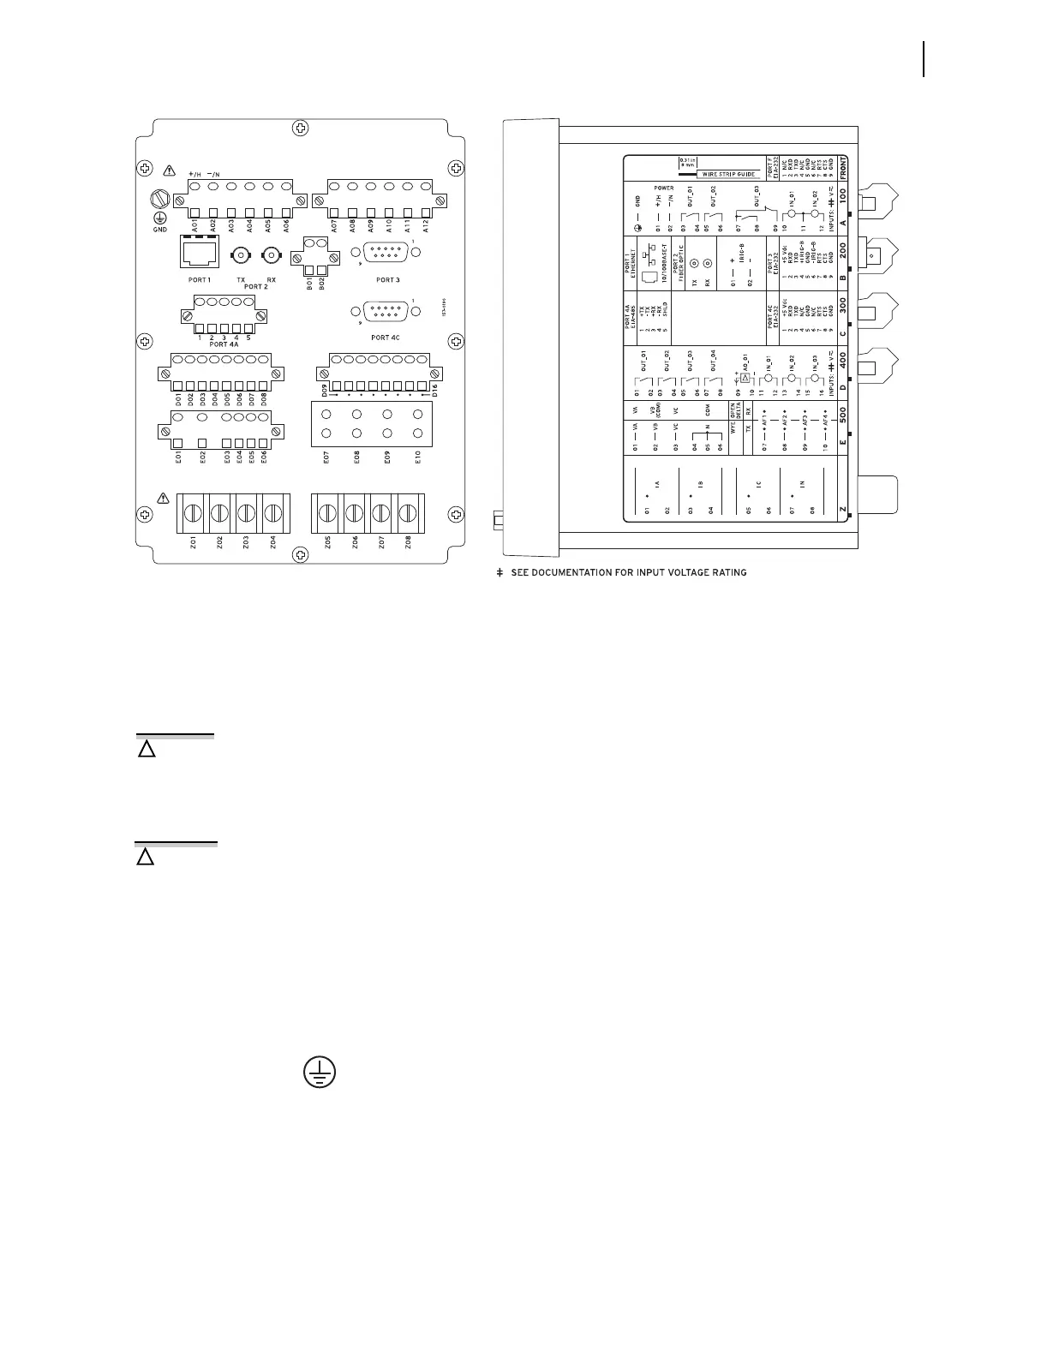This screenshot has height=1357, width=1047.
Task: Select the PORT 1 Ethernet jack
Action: click(x=199, y=254)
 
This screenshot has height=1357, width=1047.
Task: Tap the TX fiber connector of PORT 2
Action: click(x=242, y=255)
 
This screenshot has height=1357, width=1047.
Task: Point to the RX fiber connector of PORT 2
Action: click(x=272, y=255)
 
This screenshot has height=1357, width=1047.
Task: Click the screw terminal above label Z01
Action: click(x=191, y=513)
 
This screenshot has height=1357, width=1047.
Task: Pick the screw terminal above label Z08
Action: click(x=410, y=513)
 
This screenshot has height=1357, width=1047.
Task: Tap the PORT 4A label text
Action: click(x=221, y=346)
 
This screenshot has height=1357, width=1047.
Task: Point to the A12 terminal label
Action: click(x=426, y=225)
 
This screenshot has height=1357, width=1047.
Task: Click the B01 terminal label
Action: click(x=308, y=281)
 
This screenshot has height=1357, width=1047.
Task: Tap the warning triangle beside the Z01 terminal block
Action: click(x=165, y=498)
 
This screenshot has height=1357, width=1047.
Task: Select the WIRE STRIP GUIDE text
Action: click(x=730, y=174)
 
